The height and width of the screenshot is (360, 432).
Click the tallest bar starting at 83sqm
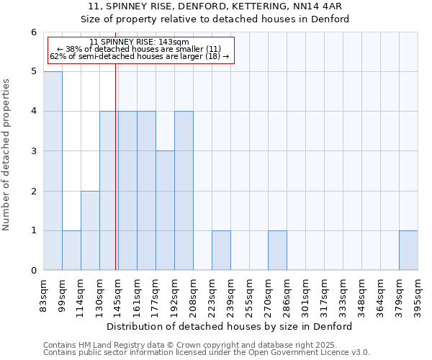tap(53, 171)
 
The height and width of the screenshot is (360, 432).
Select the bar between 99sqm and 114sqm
tap(71, 251)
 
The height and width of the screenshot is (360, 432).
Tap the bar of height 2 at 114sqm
tap(90, 230)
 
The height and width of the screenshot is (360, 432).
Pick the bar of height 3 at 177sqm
tap(165, 210)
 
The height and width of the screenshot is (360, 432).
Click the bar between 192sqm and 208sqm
tap(184, 191)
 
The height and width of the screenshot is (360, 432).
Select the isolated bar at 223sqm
tap(221, 251)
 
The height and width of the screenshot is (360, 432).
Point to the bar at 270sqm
tap(277, 251)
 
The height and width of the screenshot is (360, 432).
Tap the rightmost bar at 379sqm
tap(408, 251)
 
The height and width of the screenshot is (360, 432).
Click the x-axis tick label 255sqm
tap(249, 296)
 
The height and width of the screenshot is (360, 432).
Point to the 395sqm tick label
tap(418, 296)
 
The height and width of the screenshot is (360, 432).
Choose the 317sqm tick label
tap(324, 296)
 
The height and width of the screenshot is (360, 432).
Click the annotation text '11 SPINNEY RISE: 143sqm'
tap(140, 42)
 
